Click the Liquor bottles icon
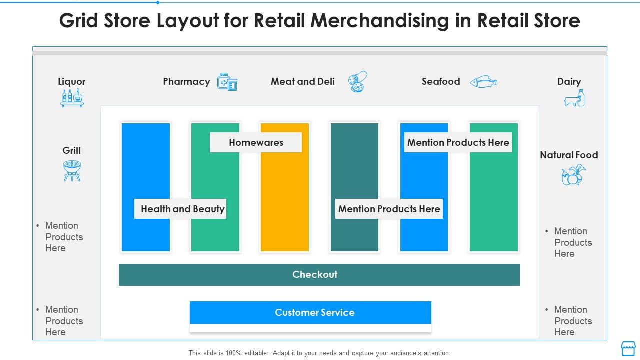[72, 98]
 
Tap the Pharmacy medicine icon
[227, 82]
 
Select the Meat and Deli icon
[358, 82]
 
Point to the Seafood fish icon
[483, 82]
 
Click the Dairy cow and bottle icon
[574, 98]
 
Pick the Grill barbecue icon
[72, 170]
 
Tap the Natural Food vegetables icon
[573, 175]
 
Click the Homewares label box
[256, 142]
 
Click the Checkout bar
[319, 275]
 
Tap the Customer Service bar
[310, 313]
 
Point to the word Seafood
[440, 82]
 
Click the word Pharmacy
[186, 82]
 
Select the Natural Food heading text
[569, 155]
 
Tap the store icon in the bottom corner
[628, 348]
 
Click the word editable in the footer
[255, 353]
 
